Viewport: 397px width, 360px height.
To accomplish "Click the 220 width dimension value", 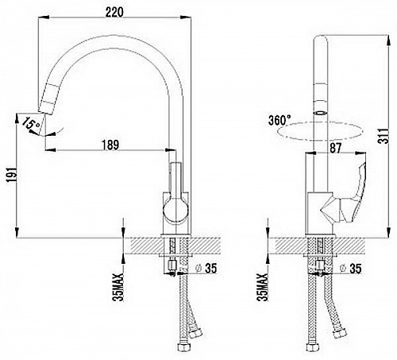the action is point(114,12).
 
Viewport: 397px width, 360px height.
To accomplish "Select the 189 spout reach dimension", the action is point(110,145).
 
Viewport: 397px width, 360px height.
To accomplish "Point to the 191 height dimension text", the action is point(12,175).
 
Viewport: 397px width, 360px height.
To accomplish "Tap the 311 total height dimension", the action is point(384,136).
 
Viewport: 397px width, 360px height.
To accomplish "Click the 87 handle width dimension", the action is point(335,148).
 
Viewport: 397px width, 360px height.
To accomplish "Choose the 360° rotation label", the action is point(279,120).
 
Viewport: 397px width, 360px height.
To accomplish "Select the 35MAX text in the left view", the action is point(118,287).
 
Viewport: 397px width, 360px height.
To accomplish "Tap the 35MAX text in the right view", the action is point(263,287).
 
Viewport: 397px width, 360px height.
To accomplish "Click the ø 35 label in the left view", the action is point(206,268).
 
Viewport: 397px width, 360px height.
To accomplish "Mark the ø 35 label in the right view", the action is point(351,268).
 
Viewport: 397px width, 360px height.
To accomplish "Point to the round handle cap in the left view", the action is point(175,209).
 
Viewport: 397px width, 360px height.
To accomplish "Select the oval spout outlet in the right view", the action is point(321,113).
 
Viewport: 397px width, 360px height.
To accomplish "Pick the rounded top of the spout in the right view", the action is point(321,40).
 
